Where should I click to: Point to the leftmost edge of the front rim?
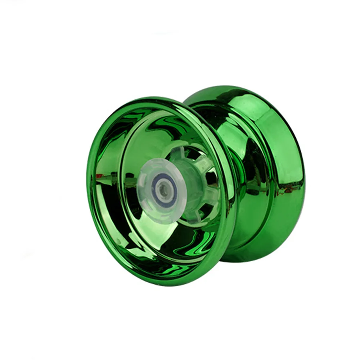87,180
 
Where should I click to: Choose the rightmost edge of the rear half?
304,173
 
